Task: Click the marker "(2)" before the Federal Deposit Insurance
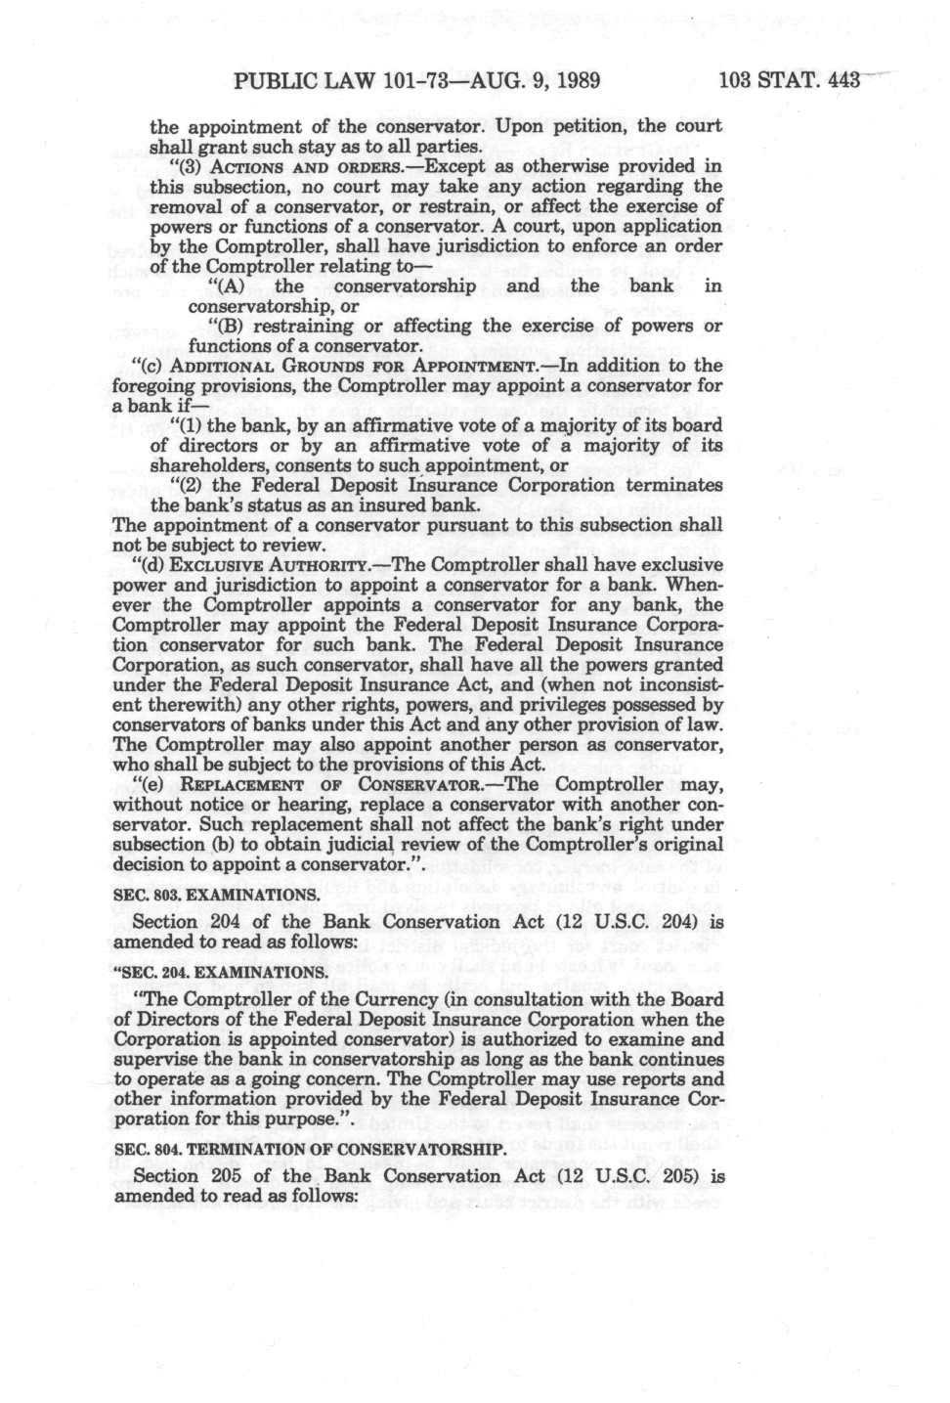185,486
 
